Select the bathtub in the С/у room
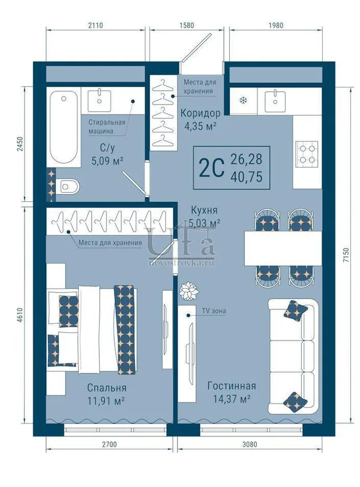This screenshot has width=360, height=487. click(x=64, y=127)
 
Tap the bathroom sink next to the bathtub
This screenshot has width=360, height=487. click(x=100, y=100)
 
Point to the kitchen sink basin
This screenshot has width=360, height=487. click(x=275, y=101)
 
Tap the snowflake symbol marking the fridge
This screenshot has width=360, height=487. click(x=244, y=100)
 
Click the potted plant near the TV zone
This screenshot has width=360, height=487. click(x=188, y=291)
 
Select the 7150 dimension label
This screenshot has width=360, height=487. click(x=346, y=255)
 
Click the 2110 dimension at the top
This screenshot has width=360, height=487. click(x=95, y=25)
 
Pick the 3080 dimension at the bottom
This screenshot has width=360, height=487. click(x=250, y=444)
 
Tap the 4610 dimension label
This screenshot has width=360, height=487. click(x=20, y=315)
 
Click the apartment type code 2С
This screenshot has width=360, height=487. click(x=211, y=168)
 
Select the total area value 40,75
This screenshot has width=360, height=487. click(x=247, y=177)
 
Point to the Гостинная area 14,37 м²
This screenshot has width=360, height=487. click(x=232, y=399)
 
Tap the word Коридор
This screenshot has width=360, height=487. click(x=200, y=113)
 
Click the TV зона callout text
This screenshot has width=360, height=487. click(x=214, y=310)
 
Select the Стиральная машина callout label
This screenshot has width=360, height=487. click(x=107, y=127)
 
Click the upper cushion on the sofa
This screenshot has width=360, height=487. click(x=295, y=310)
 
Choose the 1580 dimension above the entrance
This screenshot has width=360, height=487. click(x=187, y=25)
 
